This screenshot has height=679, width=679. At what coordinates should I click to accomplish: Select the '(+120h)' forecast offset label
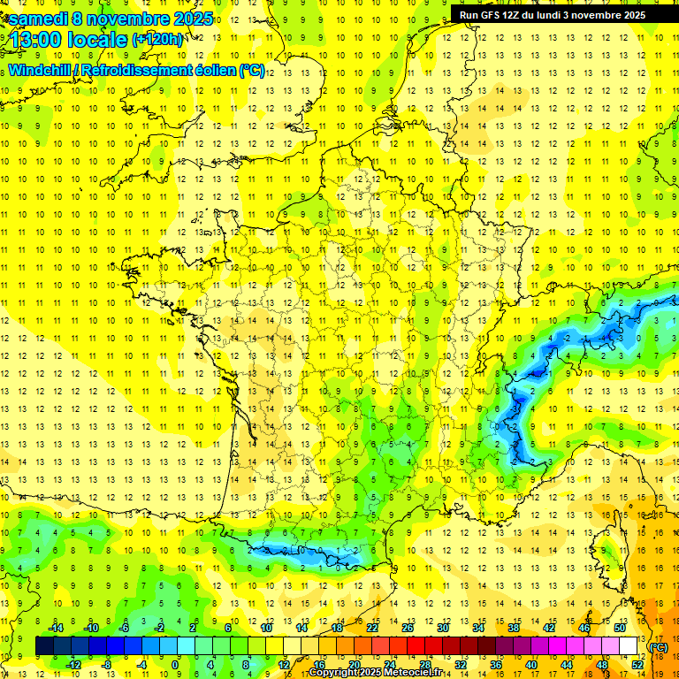click(157, 39)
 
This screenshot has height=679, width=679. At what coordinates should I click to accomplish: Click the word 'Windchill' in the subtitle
click(40, 70)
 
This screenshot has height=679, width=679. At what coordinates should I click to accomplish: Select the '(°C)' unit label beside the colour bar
click(658, 647)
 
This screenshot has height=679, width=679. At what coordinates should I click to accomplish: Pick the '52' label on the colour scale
click(637, 665)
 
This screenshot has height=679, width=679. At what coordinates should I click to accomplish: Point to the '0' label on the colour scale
click(175, 665)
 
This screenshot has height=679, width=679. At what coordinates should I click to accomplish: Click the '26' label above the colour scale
click(408, 628)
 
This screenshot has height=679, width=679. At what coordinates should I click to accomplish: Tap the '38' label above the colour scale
click(514, 628)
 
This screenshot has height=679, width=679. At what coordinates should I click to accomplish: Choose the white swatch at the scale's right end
click(628, 646)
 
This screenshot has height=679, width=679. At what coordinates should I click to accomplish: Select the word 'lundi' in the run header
click(553, 14)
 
